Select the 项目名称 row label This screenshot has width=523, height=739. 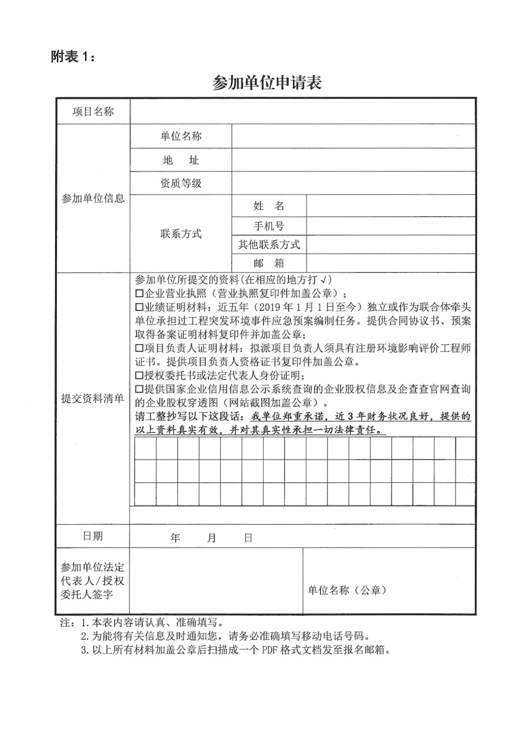tap(93, 111)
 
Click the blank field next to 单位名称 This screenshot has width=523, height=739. tap(353, 136)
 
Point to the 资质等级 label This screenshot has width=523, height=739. tap(181, 183)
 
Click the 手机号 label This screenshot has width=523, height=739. tap(269, 226)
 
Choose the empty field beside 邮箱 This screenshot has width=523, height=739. tap(391, 263)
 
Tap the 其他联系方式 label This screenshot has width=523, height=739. tap(269, 244)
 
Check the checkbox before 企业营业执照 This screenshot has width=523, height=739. tap(139, 293)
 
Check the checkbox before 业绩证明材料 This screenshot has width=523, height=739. tap(139, 307)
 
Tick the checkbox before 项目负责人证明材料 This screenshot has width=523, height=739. tap(139, 348)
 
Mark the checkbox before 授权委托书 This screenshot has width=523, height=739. tap(139, 376)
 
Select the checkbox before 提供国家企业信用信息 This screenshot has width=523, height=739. tap(139, 389)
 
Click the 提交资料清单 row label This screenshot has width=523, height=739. tap(93, 399)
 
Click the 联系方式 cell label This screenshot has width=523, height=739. tap(181, 234)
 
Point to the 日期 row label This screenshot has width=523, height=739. tap(92, 536)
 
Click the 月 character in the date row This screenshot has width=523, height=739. tap(211, 538)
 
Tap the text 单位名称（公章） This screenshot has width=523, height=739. tap(347, 590)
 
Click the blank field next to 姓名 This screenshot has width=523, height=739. tap(391, 206)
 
